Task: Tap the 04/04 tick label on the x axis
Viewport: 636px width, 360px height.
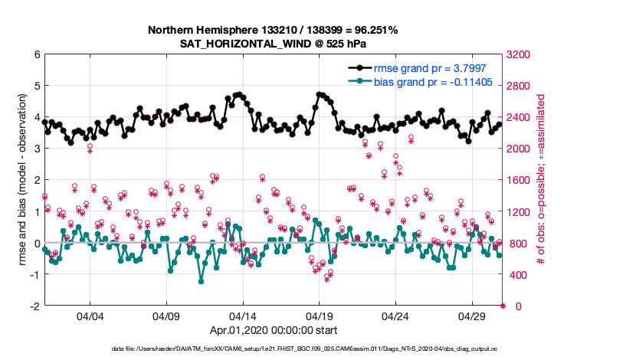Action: pos(90,316)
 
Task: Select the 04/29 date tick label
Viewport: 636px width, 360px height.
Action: pos(471,316)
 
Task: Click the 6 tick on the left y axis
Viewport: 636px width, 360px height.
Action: pos(36,55)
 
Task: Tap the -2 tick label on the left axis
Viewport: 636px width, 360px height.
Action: pos(34,306)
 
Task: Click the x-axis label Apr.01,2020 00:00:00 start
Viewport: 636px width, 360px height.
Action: pos(273,331)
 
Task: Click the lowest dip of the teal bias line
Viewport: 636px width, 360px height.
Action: pos(202,281)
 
